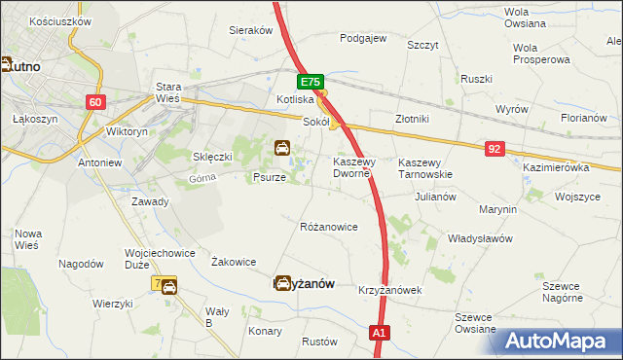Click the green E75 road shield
tap(311, 84)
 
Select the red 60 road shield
tap(94, 102)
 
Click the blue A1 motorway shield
tap(381, 334)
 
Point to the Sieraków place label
tap(250, 30)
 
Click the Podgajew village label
tap(363, 39)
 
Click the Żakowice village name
tap(234, 262)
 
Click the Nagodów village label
tap(81, 264)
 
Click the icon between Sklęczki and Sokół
tap(281, 149)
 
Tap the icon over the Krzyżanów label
tap(282, 283)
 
